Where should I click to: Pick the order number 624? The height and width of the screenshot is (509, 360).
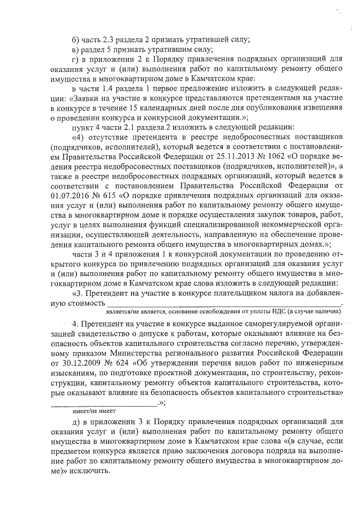(116, 367)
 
